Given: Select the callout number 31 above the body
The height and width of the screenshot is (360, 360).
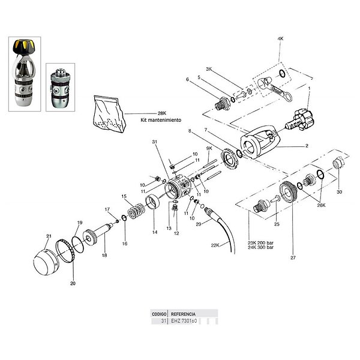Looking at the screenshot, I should pos(155,142).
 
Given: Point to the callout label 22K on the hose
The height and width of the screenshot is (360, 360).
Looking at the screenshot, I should pos(215,245).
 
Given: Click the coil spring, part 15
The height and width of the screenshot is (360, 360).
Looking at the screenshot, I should pos(137,211).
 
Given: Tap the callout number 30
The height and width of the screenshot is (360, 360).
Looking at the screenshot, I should pos(339,192).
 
